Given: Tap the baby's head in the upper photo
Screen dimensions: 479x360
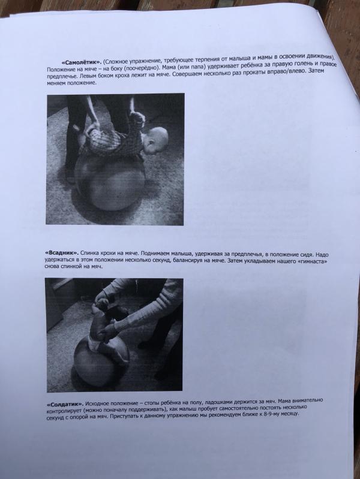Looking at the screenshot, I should (x=157, y=141).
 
